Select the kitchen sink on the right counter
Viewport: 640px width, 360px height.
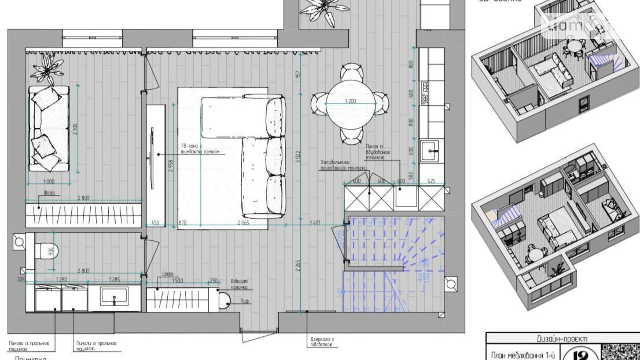point(429,150)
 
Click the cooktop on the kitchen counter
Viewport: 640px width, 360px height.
point(424,93)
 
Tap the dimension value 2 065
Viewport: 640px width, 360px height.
point(243,223)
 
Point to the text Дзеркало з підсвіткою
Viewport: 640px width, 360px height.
point(322,342)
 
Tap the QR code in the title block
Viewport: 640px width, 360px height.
point(620,352)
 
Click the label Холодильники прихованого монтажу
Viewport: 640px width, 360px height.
point(343,165)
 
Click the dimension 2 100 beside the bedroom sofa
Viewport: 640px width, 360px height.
point(75,129)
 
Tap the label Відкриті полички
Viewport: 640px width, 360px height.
point(240,285)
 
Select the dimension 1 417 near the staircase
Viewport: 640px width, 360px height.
point(315,223)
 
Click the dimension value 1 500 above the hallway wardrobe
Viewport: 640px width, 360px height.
point(177,280)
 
